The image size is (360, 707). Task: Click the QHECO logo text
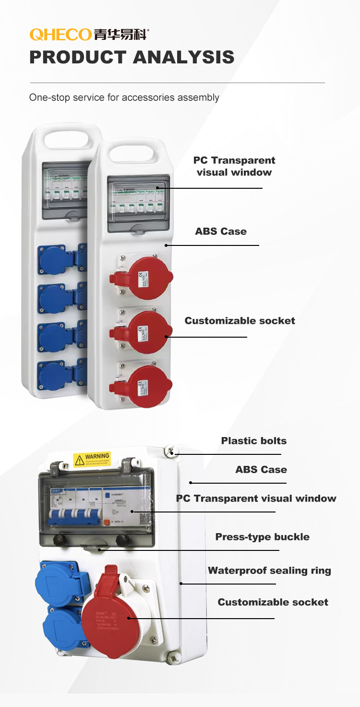click(60, 35)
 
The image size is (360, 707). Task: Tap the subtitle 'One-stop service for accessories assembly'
click(124, 98)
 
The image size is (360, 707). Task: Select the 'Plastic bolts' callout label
click(253, 441)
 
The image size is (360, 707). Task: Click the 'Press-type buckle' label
click(262, 537)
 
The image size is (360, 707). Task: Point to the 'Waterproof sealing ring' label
click(269, 571)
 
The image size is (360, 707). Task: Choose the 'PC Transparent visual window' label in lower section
click(256, 499)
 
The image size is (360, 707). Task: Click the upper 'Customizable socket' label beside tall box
click(240, 321)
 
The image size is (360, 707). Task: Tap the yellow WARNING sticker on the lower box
click(92, 459)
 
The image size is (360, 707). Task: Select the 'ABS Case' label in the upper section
click(221, 232)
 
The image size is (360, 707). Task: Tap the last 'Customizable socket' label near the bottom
click(273, 602)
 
